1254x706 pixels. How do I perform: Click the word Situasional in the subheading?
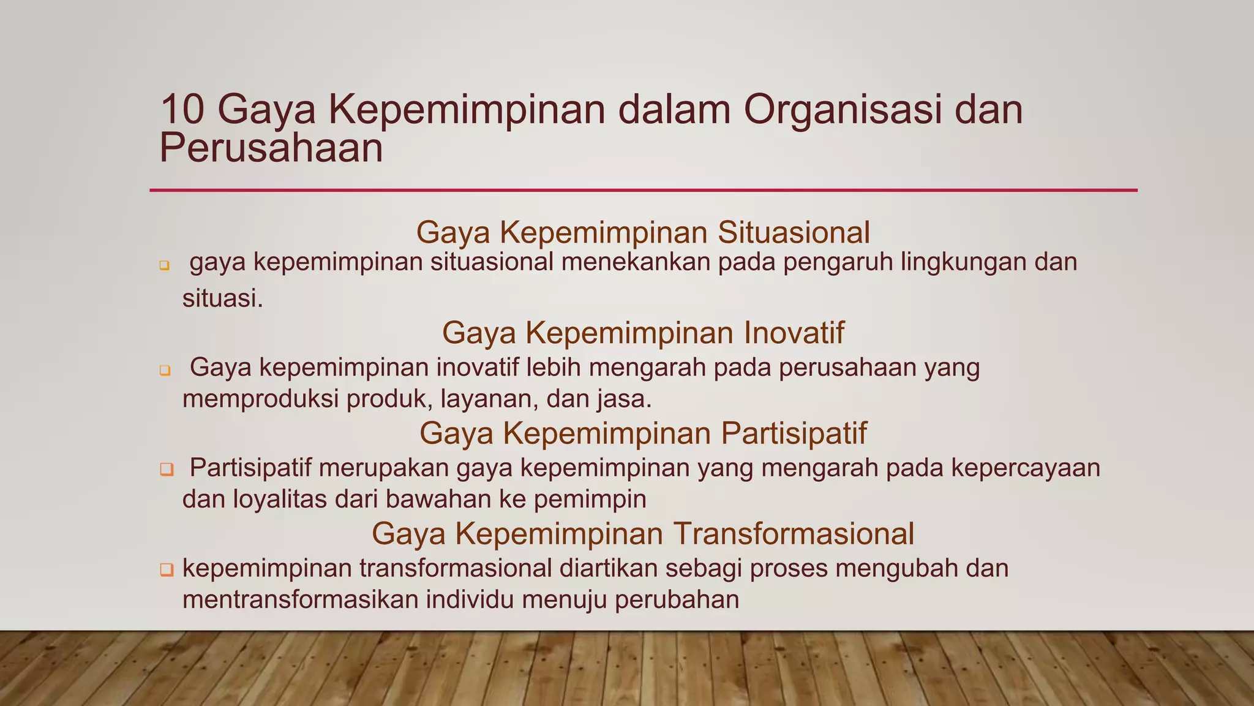coord(793,232)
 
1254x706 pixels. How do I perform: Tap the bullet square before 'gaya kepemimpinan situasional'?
coord(164,266)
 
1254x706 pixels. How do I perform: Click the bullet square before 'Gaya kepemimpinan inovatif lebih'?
coord(164,371)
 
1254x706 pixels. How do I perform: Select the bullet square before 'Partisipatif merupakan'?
coord(166,470)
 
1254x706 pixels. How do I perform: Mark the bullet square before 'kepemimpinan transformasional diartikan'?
coord(166,570)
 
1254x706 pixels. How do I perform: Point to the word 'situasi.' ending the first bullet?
coord(223,299)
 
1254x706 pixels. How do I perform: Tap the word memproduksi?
coord(260,400)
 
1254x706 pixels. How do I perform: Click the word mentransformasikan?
coord(300,599)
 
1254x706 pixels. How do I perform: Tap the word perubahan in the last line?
coord(677,599)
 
